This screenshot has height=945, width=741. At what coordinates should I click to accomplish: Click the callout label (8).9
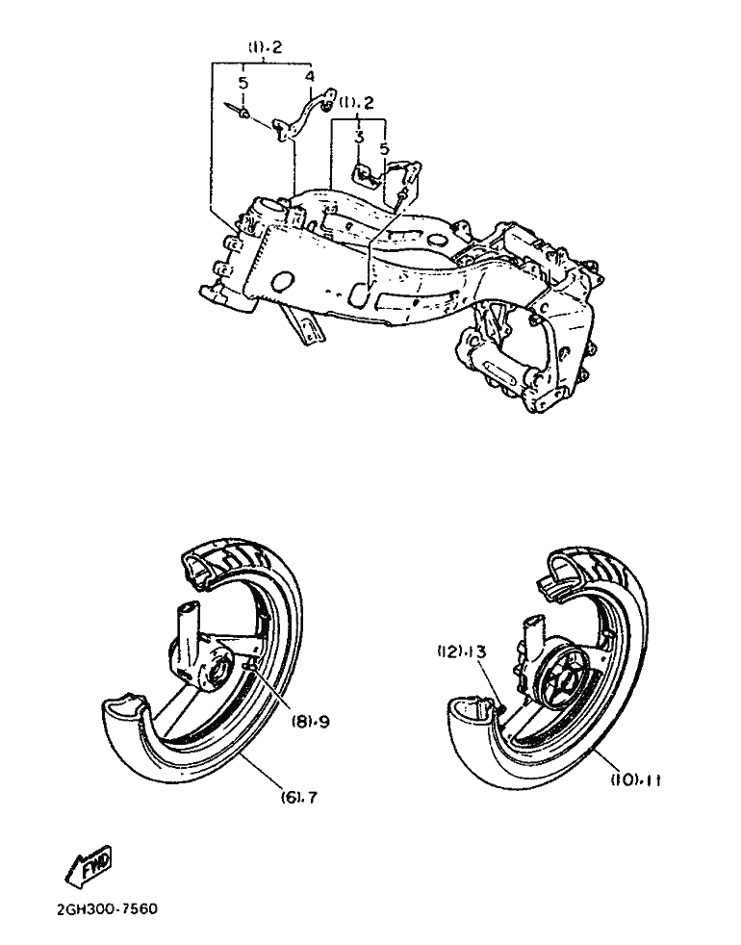311,722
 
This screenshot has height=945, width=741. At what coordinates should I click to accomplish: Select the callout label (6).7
299,797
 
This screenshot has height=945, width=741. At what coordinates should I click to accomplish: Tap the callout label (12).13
462,651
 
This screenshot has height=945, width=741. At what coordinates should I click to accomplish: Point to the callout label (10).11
636,779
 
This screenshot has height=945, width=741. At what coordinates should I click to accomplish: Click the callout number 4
310,77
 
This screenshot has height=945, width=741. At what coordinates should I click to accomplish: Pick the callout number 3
359,138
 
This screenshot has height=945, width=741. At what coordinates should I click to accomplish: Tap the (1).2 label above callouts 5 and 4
266,47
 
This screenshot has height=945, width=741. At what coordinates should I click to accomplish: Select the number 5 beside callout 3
384,147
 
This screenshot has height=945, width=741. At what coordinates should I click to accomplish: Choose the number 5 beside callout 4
243,83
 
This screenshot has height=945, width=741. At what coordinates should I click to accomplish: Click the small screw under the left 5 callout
239,111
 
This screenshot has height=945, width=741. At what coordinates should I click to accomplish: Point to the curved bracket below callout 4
304,116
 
